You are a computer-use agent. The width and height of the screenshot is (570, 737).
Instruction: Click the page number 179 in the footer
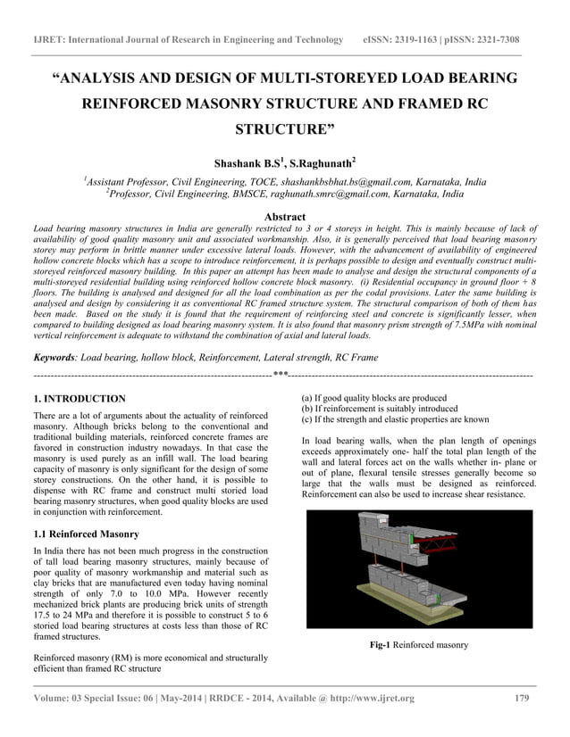(x=525, y=698)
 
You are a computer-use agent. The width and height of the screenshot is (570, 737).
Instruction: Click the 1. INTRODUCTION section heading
(x=79, y=398)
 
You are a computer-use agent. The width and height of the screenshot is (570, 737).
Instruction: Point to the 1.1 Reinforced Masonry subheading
(x=85, y=534)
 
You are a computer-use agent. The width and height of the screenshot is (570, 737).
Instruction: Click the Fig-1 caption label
(x=381, y=644)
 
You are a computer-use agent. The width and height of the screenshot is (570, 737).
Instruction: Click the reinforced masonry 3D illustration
(x=418, y=568)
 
